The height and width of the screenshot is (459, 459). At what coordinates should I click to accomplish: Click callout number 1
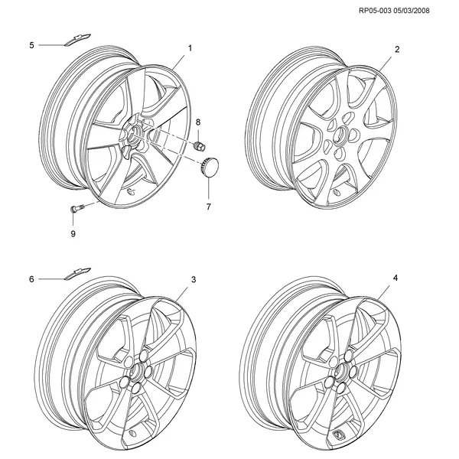coord(190,48)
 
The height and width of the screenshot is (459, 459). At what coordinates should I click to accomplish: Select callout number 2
coord(397,49)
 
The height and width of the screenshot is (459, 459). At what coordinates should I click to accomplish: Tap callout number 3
coord(194,279)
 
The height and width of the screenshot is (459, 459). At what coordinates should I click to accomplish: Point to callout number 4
coord(396,278)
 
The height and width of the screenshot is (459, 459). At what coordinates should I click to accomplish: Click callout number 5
coord(31,45)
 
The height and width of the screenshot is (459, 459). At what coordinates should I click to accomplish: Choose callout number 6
coord(31,279)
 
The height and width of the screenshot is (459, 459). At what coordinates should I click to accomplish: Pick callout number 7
coord(208,207)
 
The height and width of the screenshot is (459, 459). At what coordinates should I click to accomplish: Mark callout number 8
coord(198,122)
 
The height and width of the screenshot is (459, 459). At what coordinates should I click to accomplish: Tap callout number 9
coord(73,233)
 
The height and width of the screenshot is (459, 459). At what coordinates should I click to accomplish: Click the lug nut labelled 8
coord(200,145)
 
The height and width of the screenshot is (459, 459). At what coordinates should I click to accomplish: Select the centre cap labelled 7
coord(210,167)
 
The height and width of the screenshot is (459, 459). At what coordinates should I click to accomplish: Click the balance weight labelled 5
coord(77,40)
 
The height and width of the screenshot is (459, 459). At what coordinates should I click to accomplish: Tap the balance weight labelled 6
coord(77,273)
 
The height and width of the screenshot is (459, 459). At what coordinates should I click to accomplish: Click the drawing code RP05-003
coord(375,11)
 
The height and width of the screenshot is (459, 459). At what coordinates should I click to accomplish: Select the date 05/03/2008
coord(412,11)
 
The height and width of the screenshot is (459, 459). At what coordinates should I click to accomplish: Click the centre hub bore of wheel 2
coord(341,135)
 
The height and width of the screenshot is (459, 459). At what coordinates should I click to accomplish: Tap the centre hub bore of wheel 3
coord(135,371)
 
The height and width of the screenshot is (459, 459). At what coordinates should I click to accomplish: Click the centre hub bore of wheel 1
coord(133,133)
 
